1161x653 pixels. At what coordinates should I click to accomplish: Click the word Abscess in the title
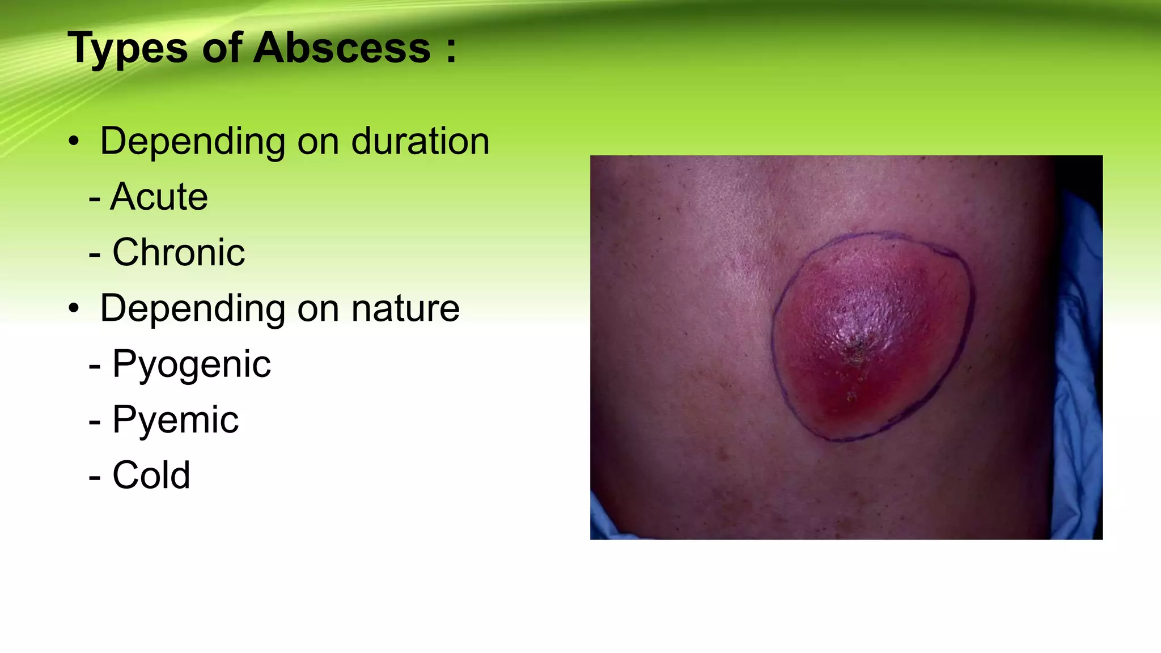(342, 48)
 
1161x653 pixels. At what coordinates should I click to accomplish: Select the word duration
(420, 141)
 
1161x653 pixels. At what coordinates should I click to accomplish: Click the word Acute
(159, 197)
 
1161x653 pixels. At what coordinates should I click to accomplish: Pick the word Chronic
(179, 252)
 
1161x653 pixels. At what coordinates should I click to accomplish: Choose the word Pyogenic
(192, 364)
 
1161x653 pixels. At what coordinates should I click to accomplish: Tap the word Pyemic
(176, 420)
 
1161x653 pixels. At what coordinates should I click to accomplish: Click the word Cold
(151, 475)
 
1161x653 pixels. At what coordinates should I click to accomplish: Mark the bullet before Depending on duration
(74, 142)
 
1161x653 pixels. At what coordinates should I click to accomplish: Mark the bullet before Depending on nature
(74, 309)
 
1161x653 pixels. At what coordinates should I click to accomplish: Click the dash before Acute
(95, 199)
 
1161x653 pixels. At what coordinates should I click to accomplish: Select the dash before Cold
(95, 477)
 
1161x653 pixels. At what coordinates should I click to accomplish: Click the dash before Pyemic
(95, 422)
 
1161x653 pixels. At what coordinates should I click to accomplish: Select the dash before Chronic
(95, 255)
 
